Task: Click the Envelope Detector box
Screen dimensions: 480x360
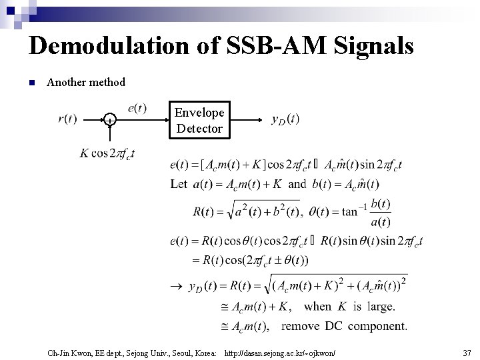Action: point(199,119)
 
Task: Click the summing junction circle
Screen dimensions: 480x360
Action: point(109,120)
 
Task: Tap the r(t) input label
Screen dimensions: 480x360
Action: point(67,119)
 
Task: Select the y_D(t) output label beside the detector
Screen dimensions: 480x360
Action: point(285,119)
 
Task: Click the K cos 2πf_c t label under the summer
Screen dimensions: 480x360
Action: point(107,153)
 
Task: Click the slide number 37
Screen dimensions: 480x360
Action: point(465,351)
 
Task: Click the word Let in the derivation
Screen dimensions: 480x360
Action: point(179,184)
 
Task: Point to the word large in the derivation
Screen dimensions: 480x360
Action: point(379,307)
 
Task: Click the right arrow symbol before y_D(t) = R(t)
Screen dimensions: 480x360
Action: point(176,287)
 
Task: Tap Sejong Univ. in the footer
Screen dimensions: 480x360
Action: point(139,351)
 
